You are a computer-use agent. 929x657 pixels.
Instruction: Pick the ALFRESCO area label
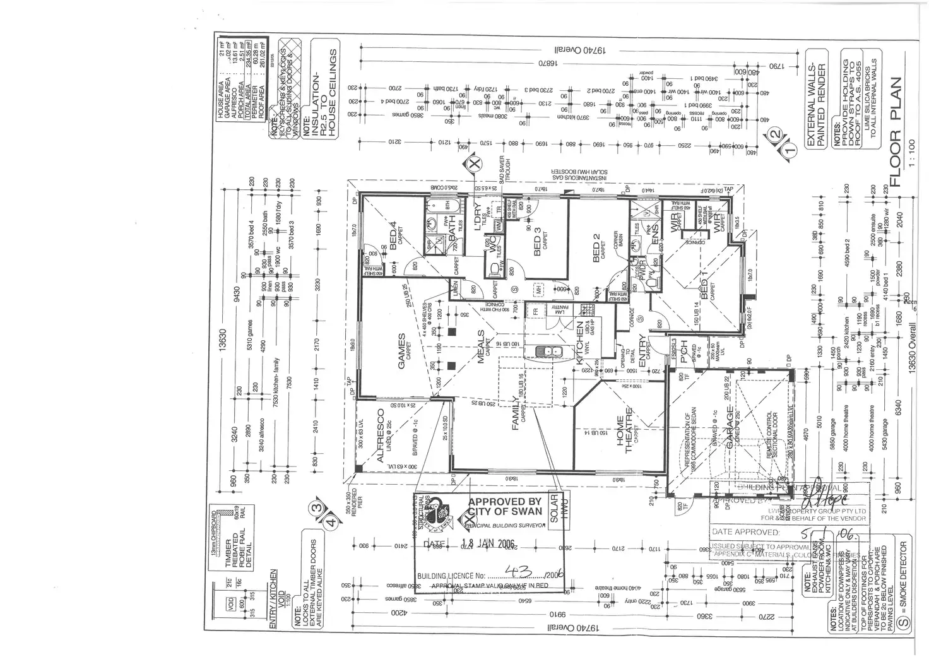coord(381,436)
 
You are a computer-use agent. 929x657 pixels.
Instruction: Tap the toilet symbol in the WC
coord(494,269)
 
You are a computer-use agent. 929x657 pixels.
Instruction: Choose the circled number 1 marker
coord(789,150)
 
